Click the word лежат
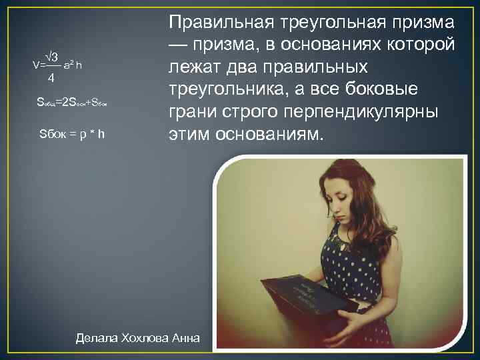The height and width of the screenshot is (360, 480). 192,67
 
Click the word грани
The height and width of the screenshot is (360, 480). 191,113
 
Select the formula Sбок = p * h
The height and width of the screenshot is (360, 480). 72,135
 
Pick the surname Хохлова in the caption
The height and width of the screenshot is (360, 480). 146,337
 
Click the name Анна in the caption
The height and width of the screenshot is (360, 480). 186,337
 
